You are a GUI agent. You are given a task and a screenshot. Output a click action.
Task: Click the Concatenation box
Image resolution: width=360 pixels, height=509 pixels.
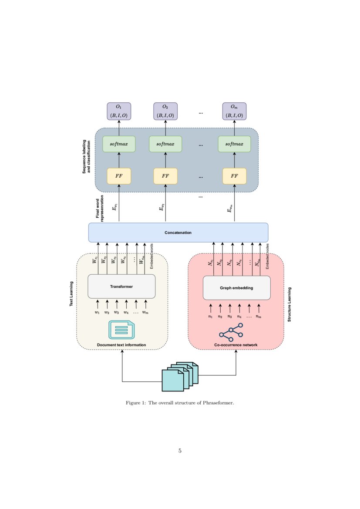tap(178, 233)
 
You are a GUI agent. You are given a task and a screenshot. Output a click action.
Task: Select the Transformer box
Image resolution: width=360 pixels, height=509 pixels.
tap(121, 287)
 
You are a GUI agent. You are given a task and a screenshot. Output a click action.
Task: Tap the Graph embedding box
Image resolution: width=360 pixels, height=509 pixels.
tap(236, 288)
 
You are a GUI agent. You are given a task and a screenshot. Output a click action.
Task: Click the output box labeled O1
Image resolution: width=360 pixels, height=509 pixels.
tap(119, 111)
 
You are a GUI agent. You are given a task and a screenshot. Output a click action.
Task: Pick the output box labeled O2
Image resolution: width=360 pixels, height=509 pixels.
tap(165, 111)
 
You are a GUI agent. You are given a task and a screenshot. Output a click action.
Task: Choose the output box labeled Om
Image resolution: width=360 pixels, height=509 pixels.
tap(234, 111)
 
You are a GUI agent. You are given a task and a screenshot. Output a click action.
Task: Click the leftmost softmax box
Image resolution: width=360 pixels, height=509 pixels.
tap(119, 144)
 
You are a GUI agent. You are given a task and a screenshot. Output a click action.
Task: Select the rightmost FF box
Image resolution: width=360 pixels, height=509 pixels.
tap(234, 176)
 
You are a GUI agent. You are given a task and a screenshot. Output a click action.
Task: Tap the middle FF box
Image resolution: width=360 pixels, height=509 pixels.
tap(165, 176)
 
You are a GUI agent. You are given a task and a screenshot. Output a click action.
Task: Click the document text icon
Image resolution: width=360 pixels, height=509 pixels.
tap(121, 330)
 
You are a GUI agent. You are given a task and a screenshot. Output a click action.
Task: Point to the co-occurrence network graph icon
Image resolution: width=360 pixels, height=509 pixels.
tap(231, 332)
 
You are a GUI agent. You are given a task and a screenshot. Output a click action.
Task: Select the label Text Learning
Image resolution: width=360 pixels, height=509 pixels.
tap(71, 294)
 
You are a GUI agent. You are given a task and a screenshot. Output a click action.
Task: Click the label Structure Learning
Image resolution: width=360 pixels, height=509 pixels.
tap(289, 304)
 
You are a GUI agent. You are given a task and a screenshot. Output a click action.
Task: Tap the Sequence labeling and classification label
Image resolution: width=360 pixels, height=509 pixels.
tap(87, 157)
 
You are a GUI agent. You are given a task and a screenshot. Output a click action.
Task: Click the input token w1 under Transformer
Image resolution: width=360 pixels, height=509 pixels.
tap(97, 312)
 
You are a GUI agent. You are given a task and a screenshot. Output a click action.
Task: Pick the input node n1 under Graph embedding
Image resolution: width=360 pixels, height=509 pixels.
tap(211, 317)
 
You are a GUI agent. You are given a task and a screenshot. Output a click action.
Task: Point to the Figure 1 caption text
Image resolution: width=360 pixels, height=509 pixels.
tap(180, 403)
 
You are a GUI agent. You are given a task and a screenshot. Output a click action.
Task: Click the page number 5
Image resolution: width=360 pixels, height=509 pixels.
tap(180, 451)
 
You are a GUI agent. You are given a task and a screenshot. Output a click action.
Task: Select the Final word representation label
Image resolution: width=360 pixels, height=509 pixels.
tap(101, 207)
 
